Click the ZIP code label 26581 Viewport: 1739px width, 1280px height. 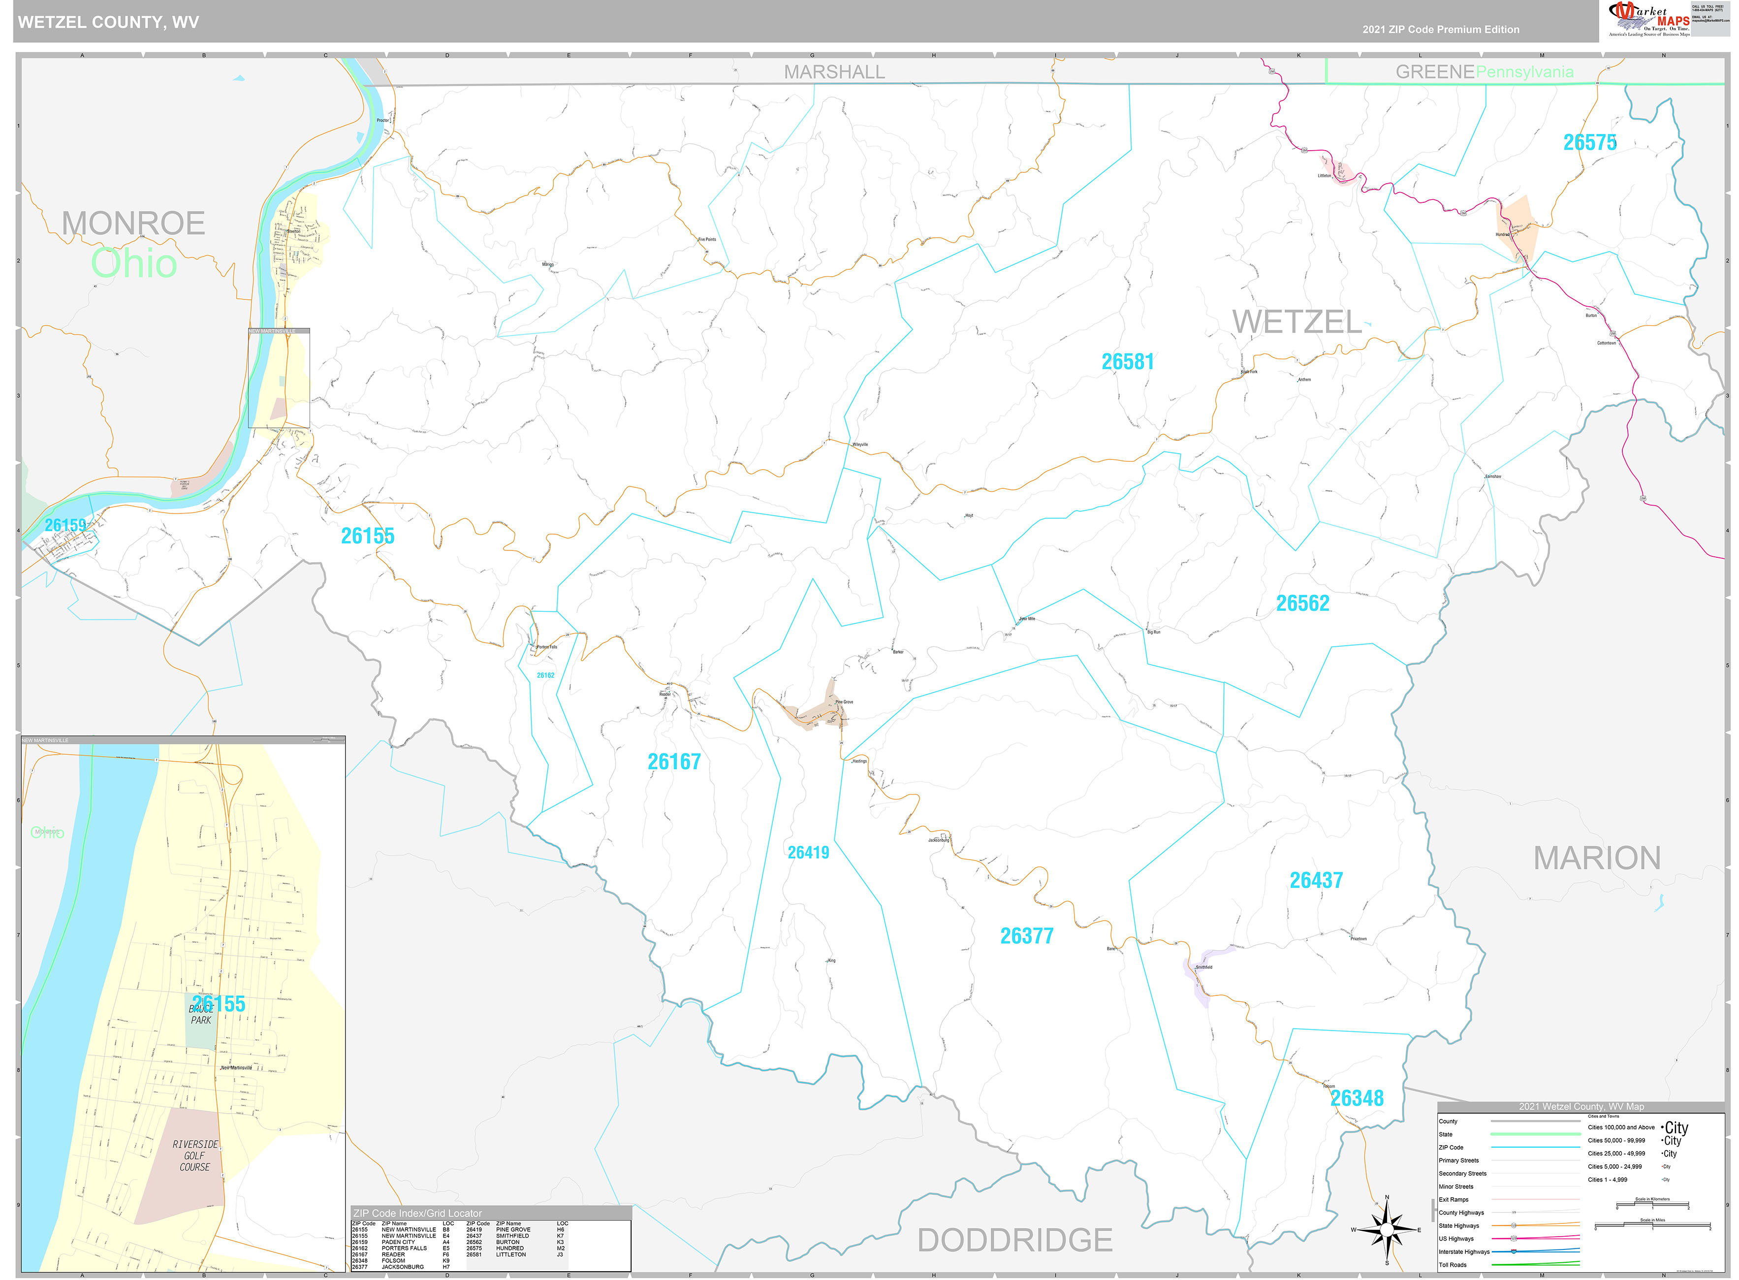1127,362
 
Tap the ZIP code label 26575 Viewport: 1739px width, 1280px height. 1589,143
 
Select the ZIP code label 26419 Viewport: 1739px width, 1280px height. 808,852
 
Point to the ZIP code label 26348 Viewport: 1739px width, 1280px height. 1357,1098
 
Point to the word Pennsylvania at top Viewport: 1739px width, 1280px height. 1524,72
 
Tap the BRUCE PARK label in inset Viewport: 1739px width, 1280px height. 201,1014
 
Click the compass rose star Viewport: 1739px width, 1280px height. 1387,1230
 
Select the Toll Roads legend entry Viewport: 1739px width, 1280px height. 1453,1265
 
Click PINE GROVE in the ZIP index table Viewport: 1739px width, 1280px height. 513,1230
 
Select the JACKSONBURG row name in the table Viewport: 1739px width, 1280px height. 402,1267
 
